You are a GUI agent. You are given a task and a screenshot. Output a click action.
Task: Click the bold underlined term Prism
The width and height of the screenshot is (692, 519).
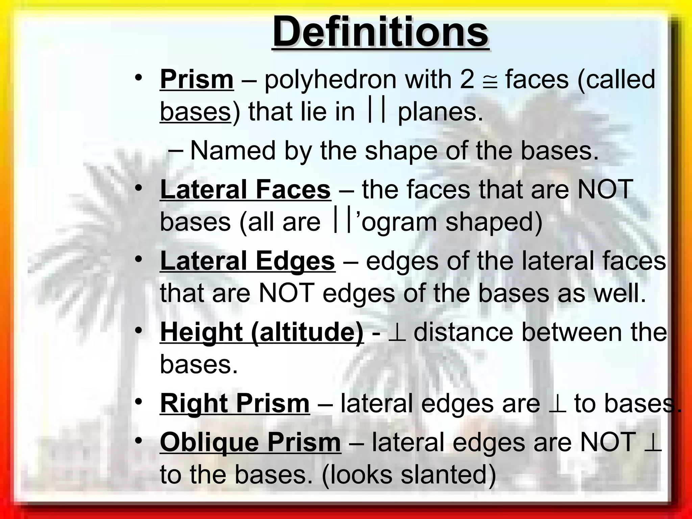point(197,80)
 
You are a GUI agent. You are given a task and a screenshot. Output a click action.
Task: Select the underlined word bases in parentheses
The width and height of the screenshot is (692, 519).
point(195,112)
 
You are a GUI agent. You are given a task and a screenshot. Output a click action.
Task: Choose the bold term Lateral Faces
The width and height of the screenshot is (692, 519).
point(245,190)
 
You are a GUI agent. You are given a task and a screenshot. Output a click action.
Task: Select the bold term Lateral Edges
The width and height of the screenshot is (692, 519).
point(247,261)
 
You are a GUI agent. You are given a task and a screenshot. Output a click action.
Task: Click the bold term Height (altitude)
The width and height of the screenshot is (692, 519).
point(262,332)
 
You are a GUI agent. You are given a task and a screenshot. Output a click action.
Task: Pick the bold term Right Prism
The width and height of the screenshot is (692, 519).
point(235,403)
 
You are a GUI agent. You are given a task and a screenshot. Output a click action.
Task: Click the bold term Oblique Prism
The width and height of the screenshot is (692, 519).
point(250,442)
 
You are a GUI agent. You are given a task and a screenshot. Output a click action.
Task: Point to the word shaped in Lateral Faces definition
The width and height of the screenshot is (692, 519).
point(494,222)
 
